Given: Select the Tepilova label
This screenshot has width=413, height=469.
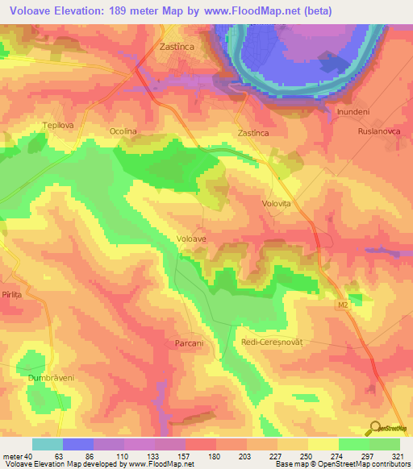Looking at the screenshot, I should [58, 126].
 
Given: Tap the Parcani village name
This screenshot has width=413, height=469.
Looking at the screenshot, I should [189, 343].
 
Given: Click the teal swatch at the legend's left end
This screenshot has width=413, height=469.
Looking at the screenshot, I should [48, 444].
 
